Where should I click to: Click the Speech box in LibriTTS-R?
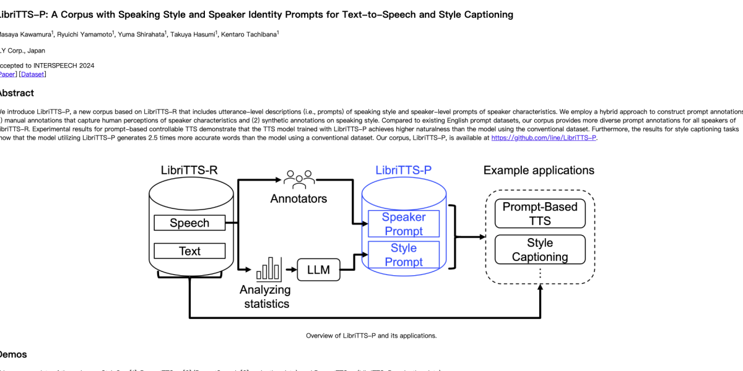[189, 223]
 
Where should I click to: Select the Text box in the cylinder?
[189, 251]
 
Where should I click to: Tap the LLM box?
[318, 270]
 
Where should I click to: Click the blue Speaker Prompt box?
[404, 224]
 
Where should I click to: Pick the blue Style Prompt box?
[404, 255]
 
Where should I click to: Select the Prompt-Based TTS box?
[540, 213]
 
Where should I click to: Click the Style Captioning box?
[540, 250]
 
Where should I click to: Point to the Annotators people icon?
[299, 179]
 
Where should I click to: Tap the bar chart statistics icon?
[267, 270]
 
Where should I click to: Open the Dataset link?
[33, 74]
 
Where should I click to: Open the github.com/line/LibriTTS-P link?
[544, 138]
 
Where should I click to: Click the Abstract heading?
[17, 93]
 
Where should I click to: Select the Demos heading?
[14, 354]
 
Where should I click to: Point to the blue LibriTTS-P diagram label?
[403, 170]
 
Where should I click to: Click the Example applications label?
[539, 170]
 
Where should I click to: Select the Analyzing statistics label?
[266, 297]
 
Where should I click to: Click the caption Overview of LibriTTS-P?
[371, 336]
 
